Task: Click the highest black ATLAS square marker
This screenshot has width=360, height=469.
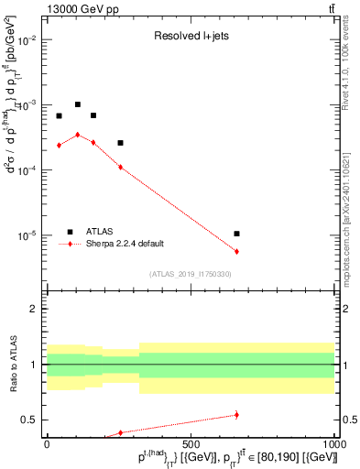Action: click(x=78, y=104)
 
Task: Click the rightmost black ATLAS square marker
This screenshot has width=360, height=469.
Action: click(x=236, y=234)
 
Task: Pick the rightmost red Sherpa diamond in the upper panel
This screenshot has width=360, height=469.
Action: click(x=236, y=252)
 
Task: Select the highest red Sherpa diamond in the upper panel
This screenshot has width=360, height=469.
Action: click(x=78, y=135)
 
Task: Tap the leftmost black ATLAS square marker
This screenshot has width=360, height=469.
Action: click(x=59, y=116)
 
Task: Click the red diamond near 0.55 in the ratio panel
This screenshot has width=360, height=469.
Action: click(x=236, y=415)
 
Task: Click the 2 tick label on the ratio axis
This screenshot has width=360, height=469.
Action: click(x=35, y=309)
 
